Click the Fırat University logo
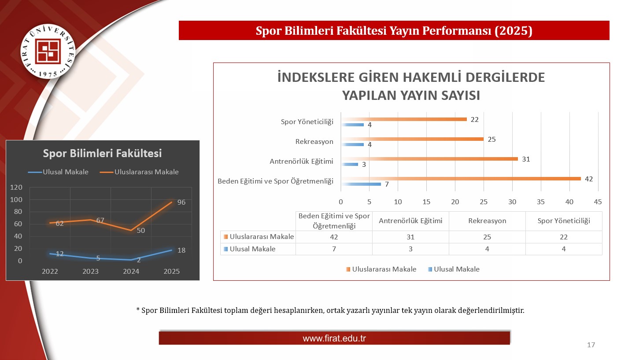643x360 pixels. tap(48, 51)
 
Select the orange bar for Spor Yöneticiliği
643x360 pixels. tap(404, 119)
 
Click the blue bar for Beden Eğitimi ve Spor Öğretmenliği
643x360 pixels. tap(361, 184)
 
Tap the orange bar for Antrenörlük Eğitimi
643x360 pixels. tap(429, 159)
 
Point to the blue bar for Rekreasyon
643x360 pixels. tap(353, 144)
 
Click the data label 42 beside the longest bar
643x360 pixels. tap(588, 179)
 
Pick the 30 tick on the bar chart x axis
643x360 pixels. tap(512, 202)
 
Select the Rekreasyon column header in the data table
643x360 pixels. tap(487, 221)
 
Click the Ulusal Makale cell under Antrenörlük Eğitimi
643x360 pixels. tap(410, 249)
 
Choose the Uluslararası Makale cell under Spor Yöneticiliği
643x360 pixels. tap(564, 237)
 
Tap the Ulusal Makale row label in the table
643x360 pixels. tap(252, 249)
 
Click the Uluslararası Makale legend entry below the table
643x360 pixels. tap(381, 269)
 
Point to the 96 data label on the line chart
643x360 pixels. tap(181, 202)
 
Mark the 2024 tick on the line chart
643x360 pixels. tap(131, 272)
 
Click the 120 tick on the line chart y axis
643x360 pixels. tap(16, 187)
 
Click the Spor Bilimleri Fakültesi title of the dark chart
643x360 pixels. tap(102, 153)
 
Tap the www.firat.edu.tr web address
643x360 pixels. tap(334, 338)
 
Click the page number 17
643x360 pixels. tap(591, 345)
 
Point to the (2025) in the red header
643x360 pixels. tap(514, 31)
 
